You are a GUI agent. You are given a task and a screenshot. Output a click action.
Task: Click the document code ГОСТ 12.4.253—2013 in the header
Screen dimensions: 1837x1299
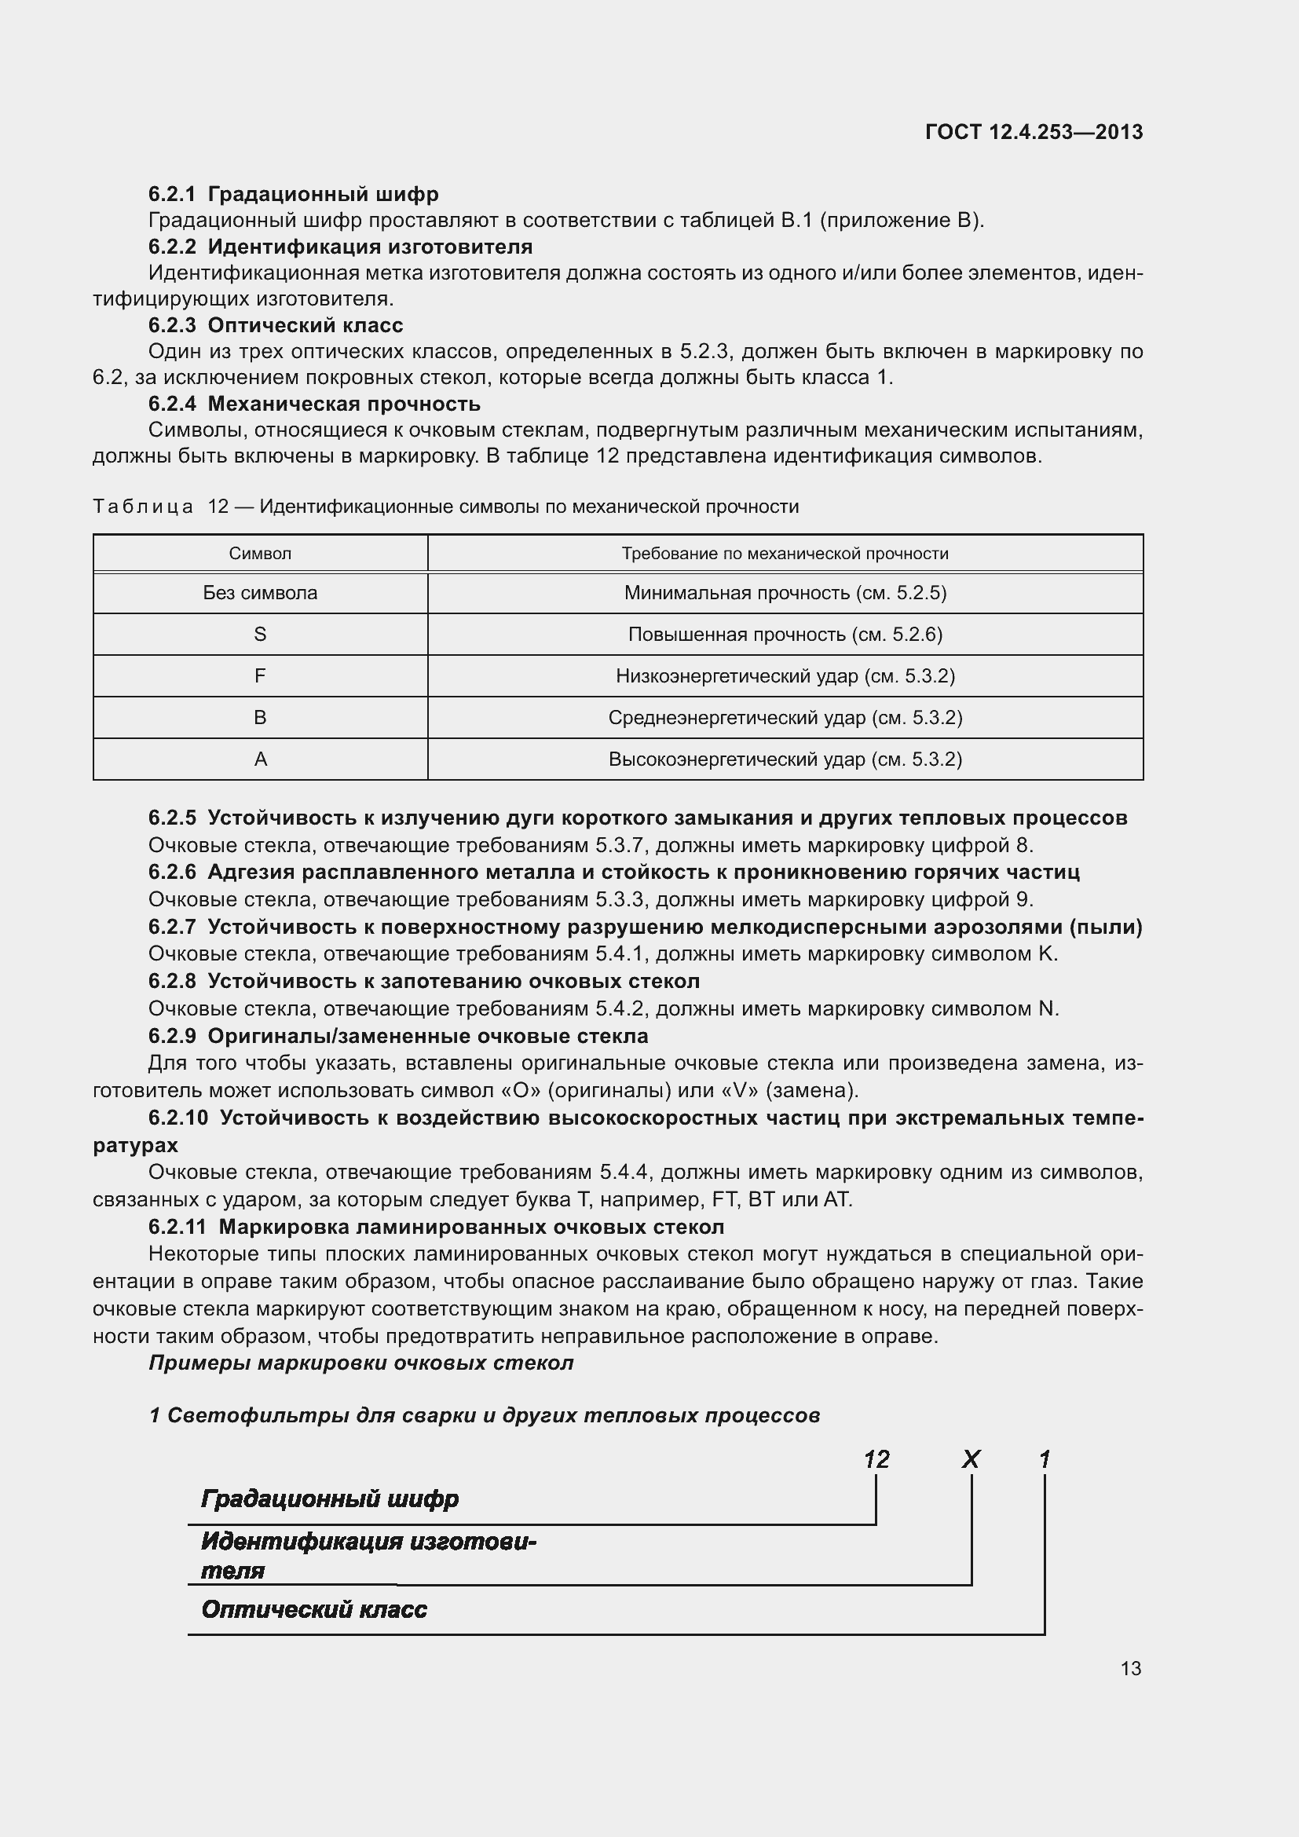pos(1034,132)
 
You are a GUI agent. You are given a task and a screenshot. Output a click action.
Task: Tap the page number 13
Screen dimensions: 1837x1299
pos(1130,1668)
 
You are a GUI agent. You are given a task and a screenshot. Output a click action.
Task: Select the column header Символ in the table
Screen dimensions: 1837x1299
pos(260,554)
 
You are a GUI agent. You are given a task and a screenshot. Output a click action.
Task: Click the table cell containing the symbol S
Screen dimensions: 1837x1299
pos(260,635)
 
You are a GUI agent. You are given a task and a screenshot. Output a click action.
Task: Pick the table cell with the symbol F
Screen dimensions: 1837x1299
pos(260,676)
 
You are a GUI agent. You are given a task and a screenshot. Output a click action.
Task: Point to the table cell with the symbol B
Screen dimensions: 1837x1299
pos(260,718)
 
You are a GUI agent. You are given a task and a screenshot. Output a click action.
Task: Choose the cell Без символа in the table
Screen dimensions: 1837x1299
pos(260,593)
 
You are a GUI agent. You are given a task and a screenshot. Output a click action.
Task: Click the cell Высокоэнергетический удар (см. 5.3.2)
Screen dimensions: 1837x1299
pos(785,759)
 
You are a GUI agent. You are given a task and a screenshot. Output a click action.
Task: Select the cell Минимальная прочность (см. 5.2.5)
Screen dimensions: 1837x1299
pos(785,593)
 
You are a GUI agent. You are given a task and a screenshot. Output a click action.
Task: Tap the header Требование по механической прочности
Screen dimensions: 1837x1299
pos(785,554)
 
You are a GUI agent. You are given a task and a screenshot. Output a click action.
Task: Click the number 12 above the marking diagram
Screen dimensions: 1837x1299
pos(876,1459)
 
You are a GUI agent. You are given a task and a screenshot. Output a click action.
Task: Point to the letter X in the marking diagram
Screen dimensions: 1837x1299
pos(970,1459)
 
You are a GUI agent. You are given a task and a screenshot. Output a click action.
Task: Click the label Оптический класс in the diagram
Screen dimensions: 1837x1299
pos(313,1609)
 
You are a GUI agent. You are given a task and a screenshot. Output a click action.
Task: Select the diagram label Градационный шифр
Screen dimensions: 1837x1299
pos(330,1498)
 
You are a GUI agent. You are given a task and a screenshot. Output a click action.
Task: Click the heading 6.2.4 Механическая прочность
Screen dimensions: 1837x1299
pos(314,404)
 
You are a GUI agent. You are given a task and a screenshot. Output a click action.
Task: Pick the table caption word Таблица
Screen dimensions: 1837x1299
pos(142,507)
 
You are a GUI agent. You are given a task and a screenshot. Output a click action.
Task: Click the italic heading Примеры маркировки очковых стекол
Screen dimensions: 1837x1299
pos(360,1363)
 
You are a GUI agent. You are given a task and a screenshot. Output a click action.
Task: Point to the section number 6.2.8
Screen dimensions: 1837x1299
pos(172,981)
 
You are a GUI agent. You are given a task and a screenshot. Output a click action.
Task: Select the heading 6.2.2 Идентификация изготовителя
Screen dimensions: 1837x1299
pos(340,247)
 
